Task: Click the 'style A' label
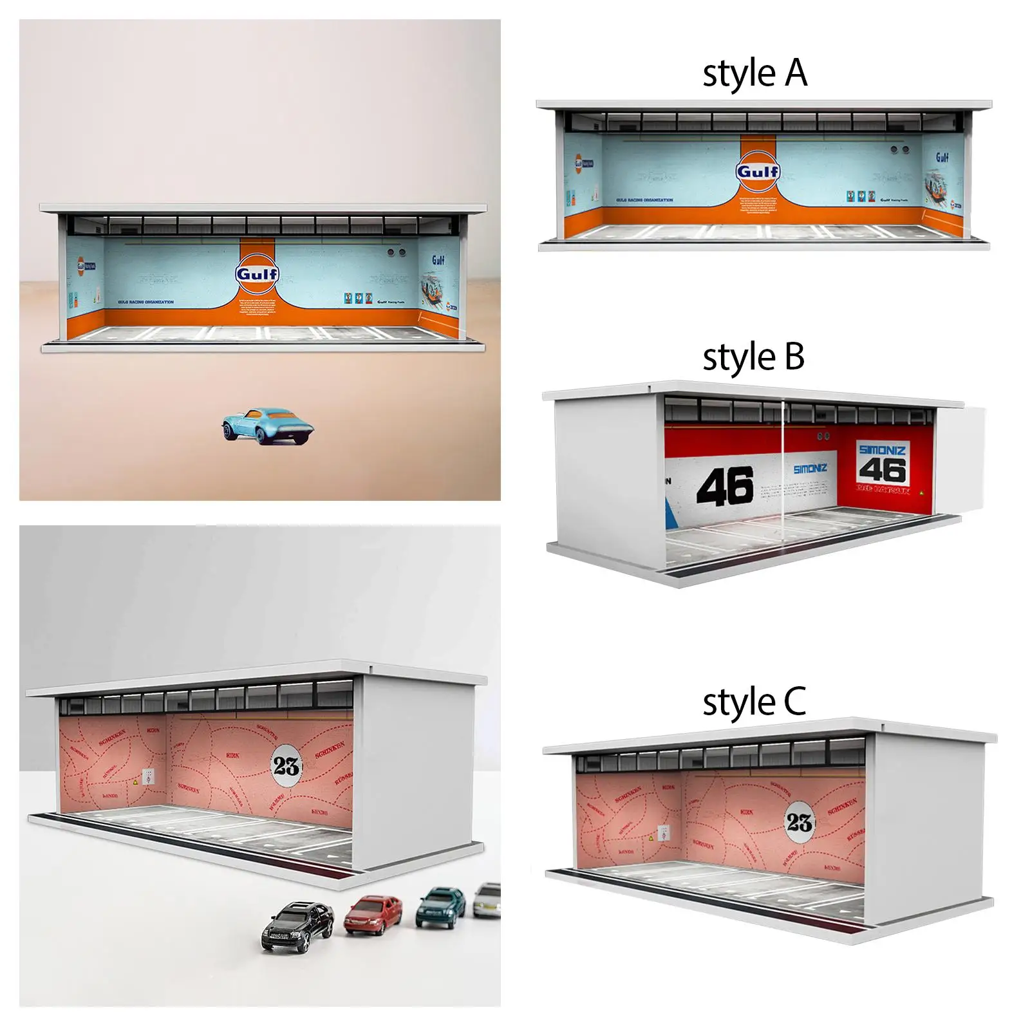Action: pos(754,73)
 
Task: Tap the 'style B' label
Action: pos(753,357)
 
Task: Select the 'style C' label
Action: pos(754,702)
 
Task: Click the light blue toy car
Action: pos(267,425)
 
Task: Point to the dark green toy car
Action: pos(441,906)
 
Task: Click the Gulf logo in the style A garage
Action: pos(758,172)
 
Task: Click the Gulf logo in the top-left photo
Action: pos(257,275)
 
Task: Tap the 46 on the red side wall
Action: pos(883,470)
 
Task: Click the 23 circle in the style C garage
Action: pos(799,822)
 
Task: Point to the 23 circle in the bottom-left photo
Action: pos(286,765)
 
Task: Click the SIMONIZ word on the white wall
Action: pos(810,469)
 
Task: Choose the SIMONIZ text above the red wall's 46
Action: pos(882,449)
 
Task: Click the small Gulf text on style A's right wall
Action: pos(942,157)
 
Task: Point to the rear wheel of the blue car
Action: pos(262,436)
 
